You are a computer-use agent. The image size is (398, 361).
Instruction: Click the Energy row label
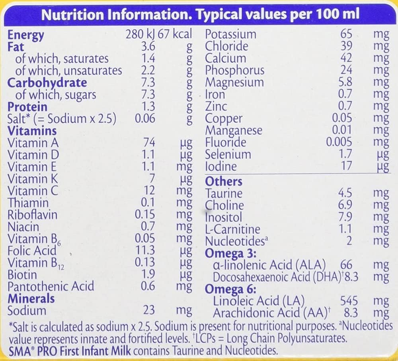pyautogui.click(x=26, y=35)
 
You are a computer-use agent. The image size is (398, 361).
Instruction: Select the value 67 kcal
pyautogui.click(x=175, y=34)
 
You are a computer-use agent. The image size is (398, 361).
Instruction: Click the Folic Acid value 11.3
pyautogui.click(x=145, y=251)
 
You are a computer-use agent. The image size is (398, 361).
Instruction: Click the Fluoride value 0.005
pyautogui.click(x=339, y=142)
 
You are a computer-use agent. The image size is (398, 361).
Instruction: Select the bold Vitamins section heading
pyautogui.click(x=32, y=131)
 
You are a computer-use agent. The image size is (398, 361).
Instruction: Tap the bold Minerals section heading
pyautogui.click(x=31, y=298)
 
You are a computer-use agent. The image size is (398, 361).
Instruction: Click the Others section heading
pyautogui.click(x=223, y=181)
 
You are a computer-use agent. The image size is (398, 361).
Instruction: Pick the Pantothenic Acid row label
pyautogui.click(x=51, y=286)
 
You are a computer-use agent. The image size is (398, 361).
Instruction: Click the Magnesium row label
pyautogui.click(x=234, y=82)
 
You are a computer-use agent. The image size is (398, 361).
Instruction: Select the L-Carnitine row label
pyautogui.click(x=232, y=229)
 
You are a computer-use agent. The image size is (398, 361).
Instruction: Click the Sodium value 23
pyautogui.click(x=150, y=310)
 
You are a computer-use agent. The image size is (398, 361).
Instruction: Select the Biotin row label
pyautogui.click(x=22, y=274)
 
